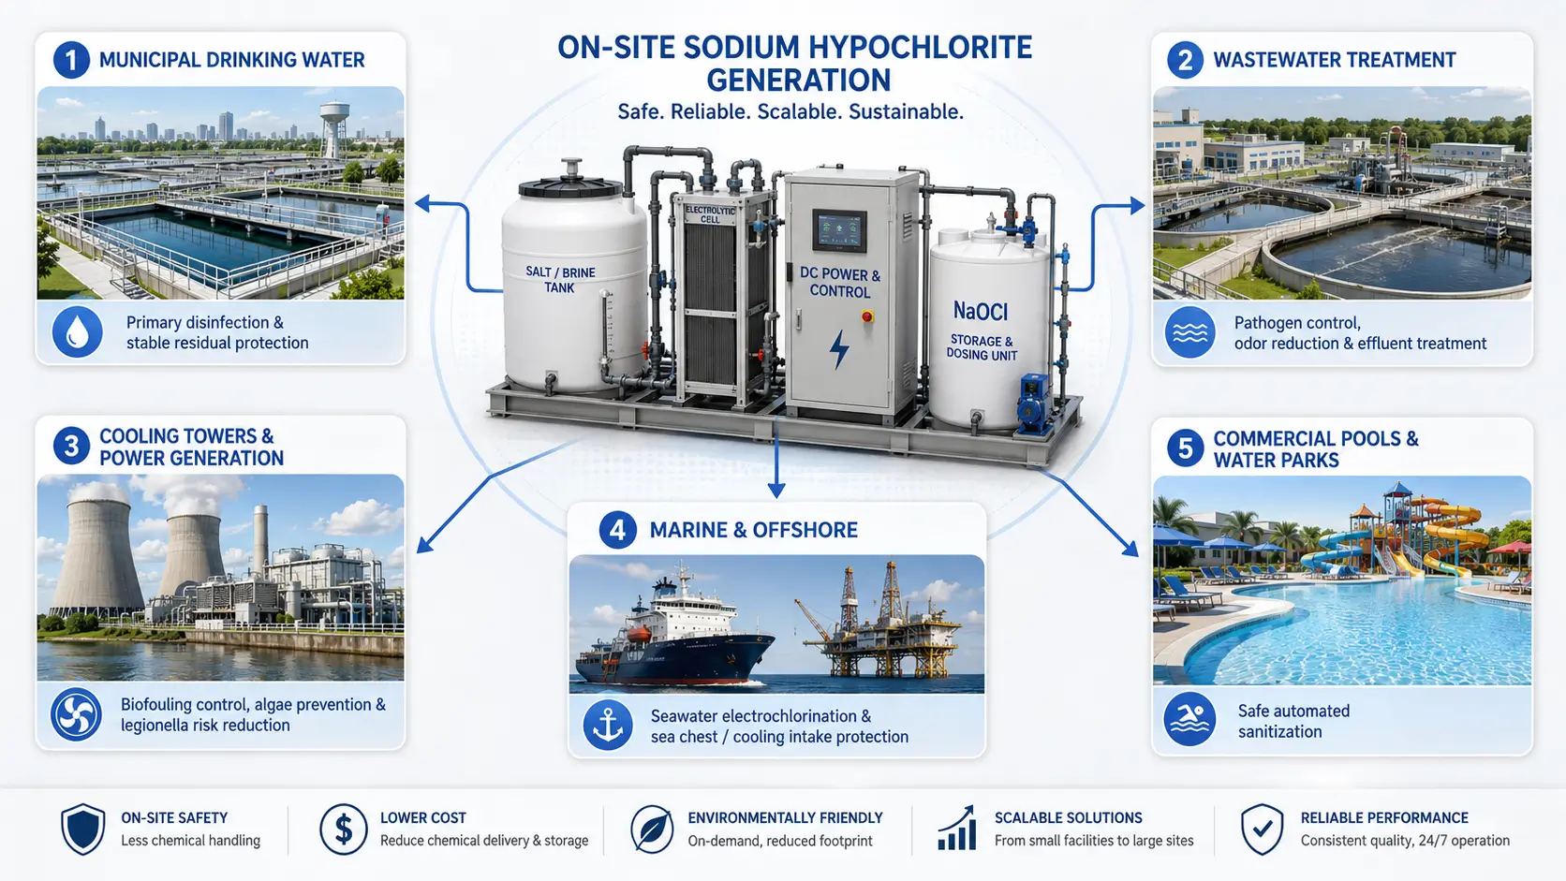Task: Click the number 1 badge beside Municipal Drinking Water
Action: click(x=71, y=60)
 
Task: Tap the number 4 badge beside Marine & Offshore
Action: click(x=617, y=530)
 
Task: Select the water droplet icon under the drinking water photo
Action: click(x=77, y=331)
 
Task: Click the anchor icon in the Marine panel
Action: click(x=608, y=726)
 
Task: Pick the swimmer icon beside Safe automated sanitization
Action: click(x=1189, y=719)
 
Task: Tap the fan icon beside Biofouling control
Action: click(x=76, y=714)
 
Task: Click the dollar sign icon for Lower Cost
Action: click(x=343, y=829)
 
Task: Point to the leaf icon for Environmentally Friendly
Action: click(x=652, y=829)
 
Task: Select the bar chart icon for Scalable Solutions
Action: click(x=956, y=828)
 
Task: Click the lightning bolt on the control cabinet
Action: click(x=839, y=348)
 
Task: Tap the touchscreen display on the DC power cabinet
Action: click(x=839, y=230)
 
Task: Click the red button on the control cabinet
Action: click(x=867, y=316)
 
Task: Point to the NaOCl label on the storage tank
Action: click(x=980, y=312)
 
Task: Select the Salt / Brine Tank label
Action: click(x=560, y=279)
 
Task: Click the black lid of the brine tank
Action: click(x=569, y=185)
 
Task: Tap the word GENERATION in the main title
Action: click(x=798, y=81)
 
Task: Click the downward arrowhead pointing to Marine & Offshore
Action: click(x=776, y=490)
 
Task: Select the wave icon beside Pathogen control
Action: click(x=1189, y=331)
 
